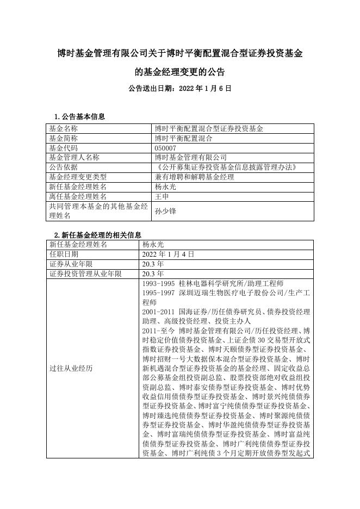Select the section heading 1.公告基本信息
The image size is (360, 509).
point(80,117)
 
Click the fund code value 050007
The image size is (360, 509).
point(166,148)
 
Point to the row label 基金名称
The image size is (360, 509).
point(64,129)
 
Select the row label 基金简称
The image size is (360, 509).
point(64,138)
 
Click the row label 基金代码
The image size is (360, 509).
point(64,148)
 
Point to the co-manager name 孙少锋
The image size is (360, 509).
point(165,211)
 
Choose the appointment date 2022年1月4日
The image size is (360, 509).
point(168,254)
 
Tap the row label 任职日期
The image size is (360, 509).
point(64,254)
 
